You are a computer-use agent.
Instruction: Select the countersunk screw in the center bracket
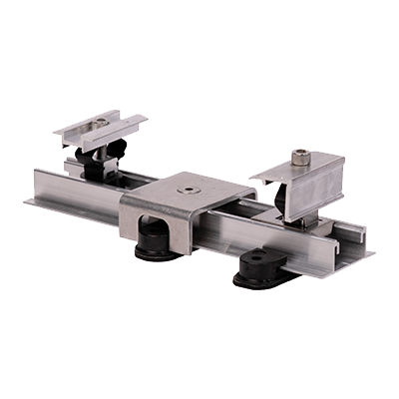point(187,187)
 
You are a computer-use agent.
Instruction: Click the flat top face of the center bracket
point(199,191)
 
